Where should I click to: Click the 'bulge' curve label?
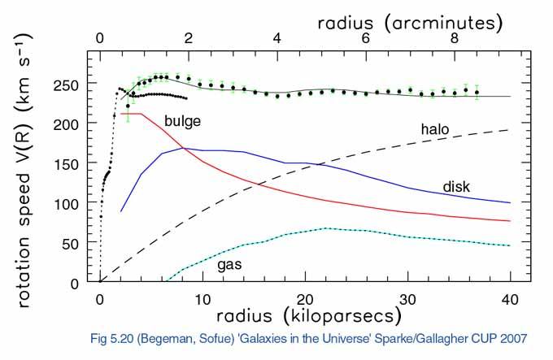pos(182,121)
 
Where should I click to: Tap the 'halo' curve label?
pos(436,129)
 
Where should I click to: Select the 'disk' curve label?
pos(458,187)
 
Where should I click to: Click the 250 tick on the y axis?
pos(72,85)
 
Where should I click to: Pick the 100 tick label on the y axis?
pos(72,203)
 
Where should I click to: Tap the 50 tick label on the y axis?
pos(76,243)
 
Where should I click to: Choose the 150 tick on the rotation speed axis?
pos(72,163)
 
